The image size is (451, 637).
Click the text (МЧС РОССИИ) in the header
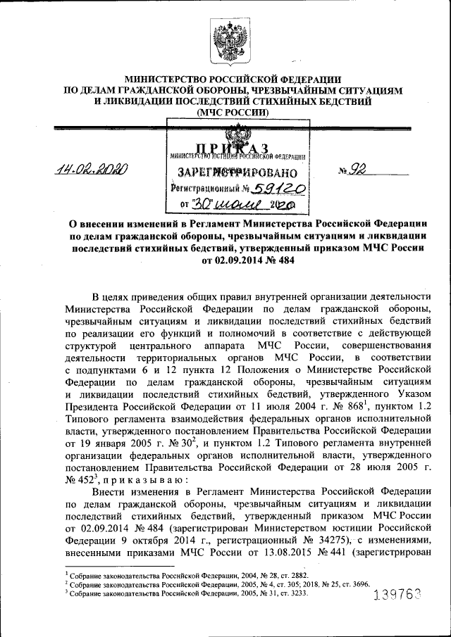233,112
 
